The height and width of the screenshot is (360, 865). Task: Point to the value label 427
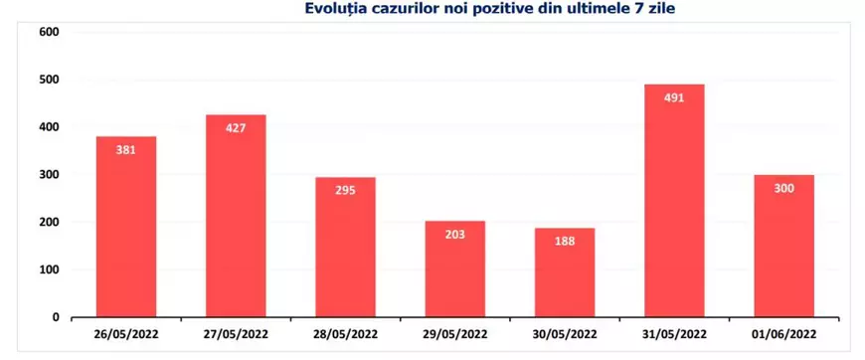[236, 127]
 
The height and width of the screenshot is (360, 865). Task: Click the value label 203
[454, 235]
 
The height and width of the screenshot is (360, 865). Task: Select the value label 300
[784, 188]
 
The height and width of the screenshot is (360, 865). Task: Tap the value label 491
[674, 97]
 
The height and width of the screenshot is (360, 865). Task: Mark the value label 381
[126, 150]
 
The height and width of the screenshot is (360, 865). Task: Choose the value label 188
[565, 242]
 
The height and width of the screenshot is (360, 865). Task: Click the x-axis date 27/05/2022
[236, 333]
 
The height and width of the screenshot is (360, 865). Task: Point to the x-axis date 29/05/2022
[454, 333]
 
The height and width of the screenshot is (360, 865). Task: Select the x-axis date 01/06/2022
[784, 333]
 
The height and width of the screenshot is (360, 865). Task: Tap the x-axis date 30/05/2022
[565, 333]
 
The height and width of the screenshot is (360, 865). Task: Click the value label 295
[345, 190]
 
